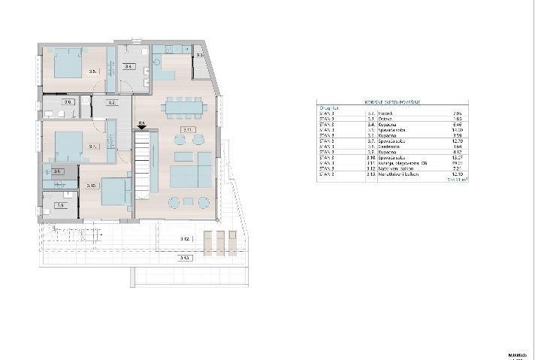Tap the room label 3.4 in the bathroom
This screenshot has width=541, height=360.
128,67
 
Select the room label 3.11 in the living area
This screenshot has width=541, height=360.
188,131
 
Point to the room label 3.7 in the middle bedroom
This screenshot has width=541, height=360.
93,147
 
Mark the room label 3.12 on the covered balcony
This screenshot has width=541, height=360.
184,239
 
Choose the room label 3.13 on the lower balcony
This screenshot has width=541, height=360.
184,258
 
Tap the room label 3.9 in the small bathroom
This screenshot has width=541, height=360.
60,204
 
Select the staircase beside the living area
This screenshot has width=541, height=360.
144,162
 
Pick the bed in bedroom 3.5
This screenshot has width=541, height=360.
68,63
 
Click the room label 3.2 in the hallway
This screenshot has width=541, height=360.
110,102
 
